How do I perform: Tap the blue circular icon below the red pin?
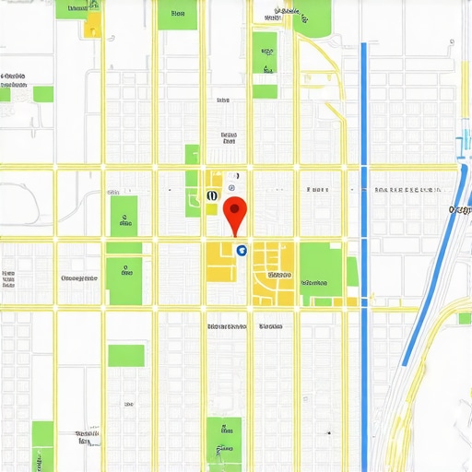click(x=242, y=249)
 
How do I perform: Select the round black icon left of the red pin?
click(x=213, y=195)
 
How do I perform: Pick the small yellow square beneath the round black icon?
click(x=212, y=209)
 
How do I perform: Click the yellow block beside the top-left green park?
click(x=92, y=26)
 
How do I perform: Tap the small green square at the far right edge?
click(x=465, y=318)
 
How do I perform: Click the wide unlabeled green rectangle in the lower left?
click(x=126, y=355)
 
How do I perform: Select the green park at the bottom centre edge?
click(x=223, y=443)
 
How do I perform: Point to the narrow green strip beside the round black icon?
click(x=193, y=180)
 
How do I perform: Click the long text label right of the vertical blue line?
click(x=406, y=191)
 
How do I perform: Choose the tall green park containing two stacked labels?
click(x=265, y=65)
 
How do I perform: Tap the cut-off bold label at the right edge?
click(x=460, y=210)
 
